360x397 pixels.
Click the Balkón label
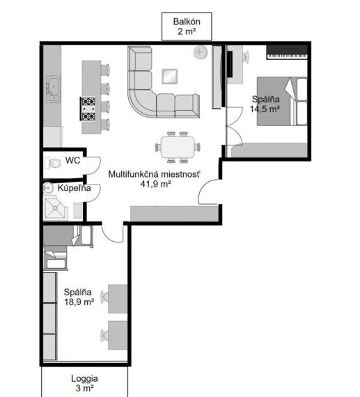click(187, 22)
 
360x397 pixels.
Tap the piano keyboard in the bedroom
click(287, 52)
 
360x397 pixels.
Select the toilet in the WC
click(53, 163)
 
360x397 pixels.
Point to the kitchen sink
click(53, 89)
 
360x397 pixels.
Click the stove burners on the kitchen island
click(88, 109)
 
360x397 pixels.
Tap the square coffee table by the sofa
click(170, 76)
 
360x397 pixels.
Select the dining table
click(178, 147)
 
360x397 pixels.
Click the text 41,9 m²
click(155, 184)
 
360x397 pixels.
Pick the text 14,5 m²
click(265, 109)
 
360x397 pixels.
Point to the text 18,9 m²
click(79, 302)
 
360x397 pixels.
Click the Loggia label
click(84, 378)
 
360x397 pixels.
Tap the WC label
click(72, 160)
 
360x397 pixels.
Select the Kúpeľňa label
click(75, 188)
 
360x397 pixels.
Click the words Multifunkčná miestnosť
click(154, 174)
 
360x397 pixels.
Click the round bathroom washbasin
click(48, 188)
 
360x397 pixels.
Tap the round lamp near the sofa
click(201, 52)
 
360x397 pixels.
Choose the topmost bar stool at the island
click(105, 70)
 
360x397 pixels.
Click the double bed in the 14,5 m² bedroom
click(282, 101)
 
